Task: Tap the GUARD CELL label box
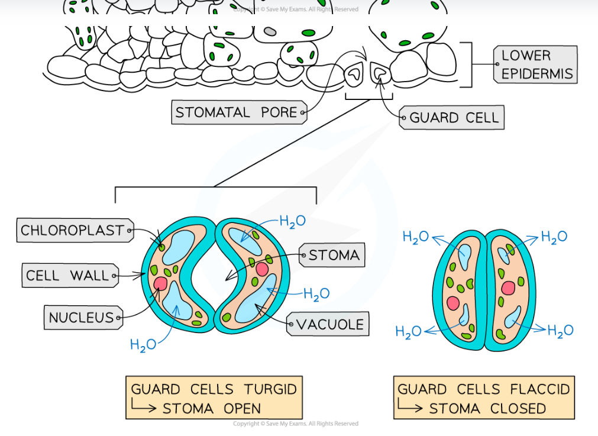point(452,118)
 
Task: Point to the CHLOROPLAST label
point(72,230)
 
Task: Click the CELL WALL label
point(67,276)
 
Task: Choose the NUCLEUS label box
point(82,318)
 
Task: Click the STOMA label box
point(333,256)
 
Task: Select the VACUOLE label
point(329,324)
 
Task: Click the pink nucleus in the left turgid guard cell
point(160,283)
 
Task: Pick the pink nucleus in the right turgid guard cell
point(262,269)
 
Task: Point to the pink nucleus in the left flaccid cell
point(454,303)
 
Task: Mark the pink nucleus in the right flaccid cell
point(508,288)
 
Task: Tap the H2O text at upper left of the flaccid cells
point(415,237)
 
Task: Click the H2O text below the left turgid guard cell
point(143,345)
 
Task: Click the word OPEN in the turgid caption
point(242,408)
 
